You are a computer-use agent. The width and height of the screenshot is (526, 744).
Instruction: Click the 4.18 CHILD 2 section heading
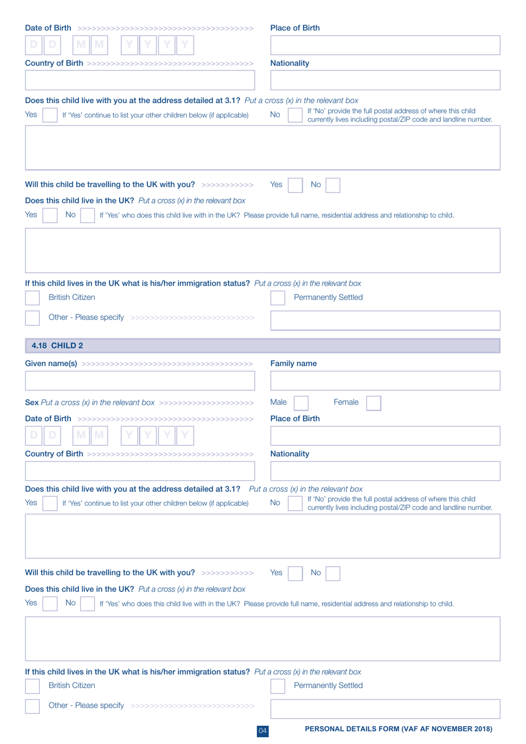[57, 345]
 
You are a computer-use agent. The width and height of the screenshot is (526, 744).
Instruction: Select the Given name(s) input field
[140, 381]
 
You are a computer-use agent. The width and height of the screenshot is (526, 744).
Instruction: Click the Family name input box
[385, 381]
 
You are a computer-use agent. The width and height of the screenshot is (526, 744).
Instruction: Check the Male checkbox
[301, 403]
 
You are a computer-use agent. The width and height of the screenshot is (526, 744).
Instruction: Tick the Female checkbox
[374, 403]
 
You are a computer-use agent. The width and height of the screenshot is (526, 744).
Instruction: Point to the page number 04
[262, 731]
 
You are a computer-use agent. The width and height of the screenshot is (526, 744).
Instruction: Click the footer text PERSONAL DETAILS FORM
[398, 729]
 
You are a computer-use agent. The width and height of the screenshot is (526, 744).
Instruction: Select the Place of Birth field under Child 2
[385, 436]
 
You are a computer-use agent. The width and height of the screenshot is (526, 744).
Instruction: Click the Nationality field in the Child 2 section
[385, 471]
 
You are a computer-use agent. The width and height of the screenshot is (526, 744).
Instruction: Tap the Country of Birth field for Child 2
[140, 471]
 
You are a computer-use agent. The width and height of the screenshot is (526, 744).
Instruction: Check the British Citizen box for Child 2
[33, 686]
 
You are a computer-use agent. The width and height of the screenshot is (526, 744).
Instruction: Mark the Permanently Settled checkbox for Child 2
[277, 686]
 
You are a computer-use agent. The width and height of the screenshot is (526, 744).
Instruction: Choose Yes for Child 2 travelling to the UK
[295, 573]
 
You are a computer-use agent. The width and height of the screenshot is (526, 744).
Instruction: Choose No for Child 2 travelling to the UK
[333, 573]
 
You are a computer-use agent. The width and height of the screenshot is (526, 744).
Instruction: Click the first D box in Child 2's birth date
[34, 435]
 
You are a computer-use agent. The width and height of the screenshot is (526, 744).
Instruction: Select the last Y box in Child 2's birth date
[185, 435]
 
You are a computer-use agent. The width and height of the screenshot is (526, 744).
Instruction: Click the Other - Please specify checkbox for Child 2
[33, 706]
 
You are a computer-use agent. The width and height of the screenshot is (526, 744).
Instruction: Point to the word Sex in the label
[32, 402]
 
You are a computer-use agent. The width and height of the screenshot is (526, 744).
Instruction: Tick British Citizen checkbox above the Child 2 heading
[33, 298]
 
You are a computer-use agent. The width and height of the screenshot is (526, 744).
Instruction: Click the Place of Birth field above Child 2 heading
[385, 45]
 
